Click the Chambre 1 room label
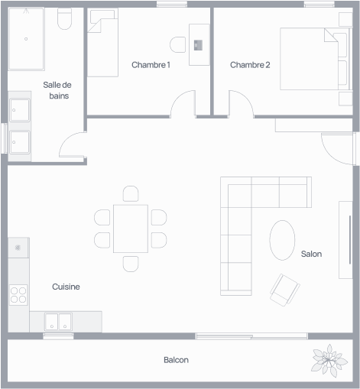tap(151, 65)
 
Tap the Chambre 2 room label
tap(250, 65)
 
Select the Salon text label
tap(311, 254)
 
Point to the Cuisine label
tap(66, 287)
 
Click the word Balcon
tap(176, 360)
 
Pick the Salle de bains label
tap(57, 90)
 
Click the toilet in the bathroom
tap(64, 18)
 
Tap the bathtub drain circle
tap(26, 39)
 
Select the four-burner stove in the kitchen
tap(18, 295)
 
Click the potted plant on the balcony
tap(329, 361)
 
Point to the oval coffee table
tap(282, 240)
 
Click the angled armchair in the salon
tap(285, 290)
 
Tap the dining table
tap(131, 229)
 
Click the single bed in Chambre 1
tap(102, 42)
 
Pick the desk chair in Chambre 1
tap(178, 45)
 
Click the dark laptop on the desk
tap(198, 45)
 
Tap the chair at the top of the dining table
tap(131, 193)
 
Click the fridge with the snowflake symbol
tap(18, 248)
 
